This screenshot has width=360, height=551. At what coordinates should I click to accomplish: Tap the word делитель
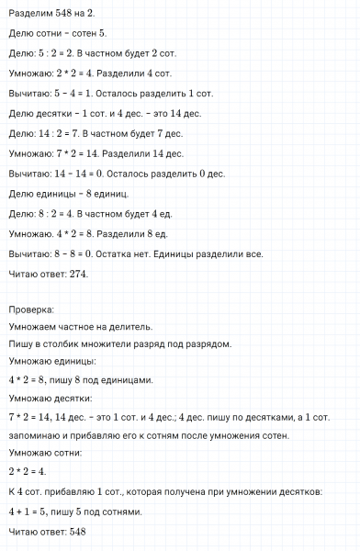coord(128,327)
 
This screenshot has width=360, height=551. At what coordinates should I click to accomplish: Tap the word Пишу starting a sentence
coord(19,344)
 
